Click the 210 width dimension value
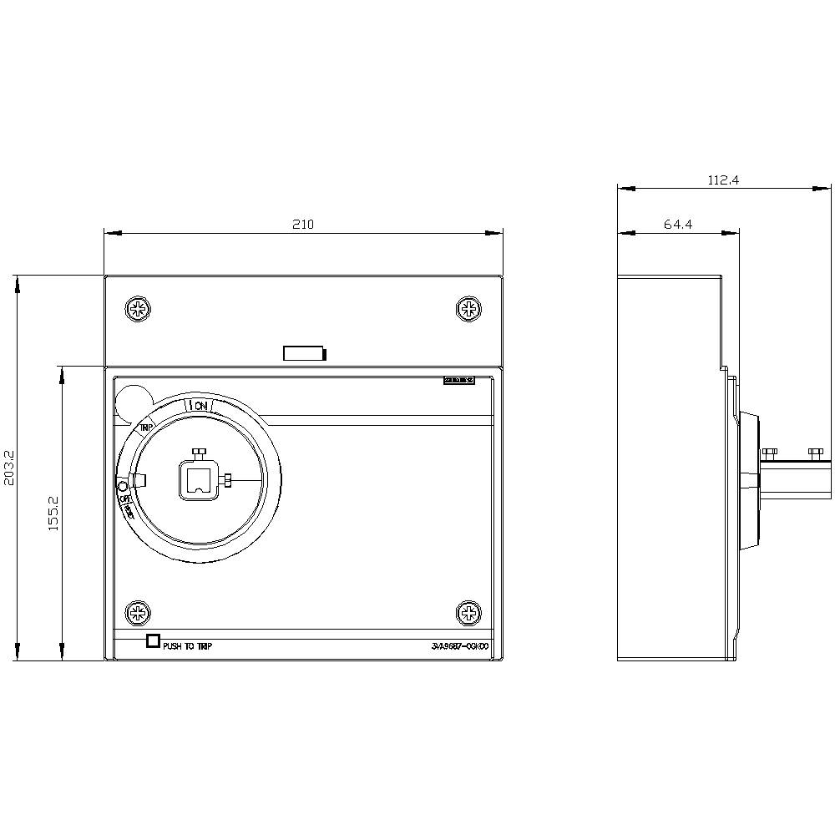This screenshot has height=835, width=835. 302,224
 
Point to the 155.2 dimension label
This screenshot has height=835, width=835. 52,513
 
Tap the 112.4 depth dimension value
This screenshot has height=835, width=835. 724,180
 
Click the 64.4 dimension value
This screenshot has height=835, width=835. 678,224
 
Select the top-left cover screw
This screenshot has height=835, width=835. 138,309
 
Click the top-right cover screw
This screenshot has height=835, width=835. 469,309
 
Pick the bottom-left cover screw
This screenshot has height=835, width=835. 138,614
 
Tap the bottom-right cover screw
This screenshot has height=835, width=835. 469,614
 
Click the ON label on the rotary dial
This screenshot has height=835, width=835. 200,406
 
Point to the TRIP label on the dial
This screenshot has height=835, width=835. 146,427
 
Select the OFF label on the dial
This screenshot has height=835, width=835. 126,500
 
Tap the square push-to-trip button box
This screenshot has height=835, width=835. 152,641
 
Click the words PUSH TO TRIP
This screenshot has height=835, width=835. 187,646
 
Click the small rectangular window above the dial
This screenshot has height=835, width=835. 304,354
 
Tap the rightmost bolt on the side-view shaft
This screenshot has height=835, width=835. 816,452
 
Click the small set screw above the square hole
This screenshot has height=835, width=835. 199,452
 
